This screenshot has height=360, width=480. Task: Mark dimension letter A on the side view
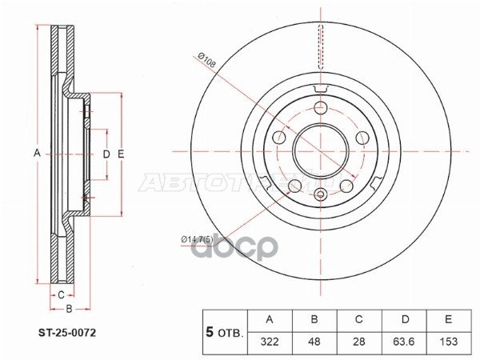(x=36, y=153)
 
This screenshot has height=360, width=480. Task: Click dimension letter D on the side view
(x=106, y=153)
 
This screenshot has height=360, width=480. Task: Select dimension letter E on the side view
(x=121, y=153)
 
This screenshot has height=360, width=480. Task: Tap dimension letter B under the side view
(x=70, y=308)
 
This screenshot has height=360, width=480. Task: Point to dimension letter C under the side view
(x=61, y=294)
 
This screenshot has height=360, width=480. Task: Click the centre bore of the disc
(x=320, y=150)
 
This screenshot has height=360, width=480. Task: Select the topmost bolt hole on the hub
(x=321, y=109)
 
